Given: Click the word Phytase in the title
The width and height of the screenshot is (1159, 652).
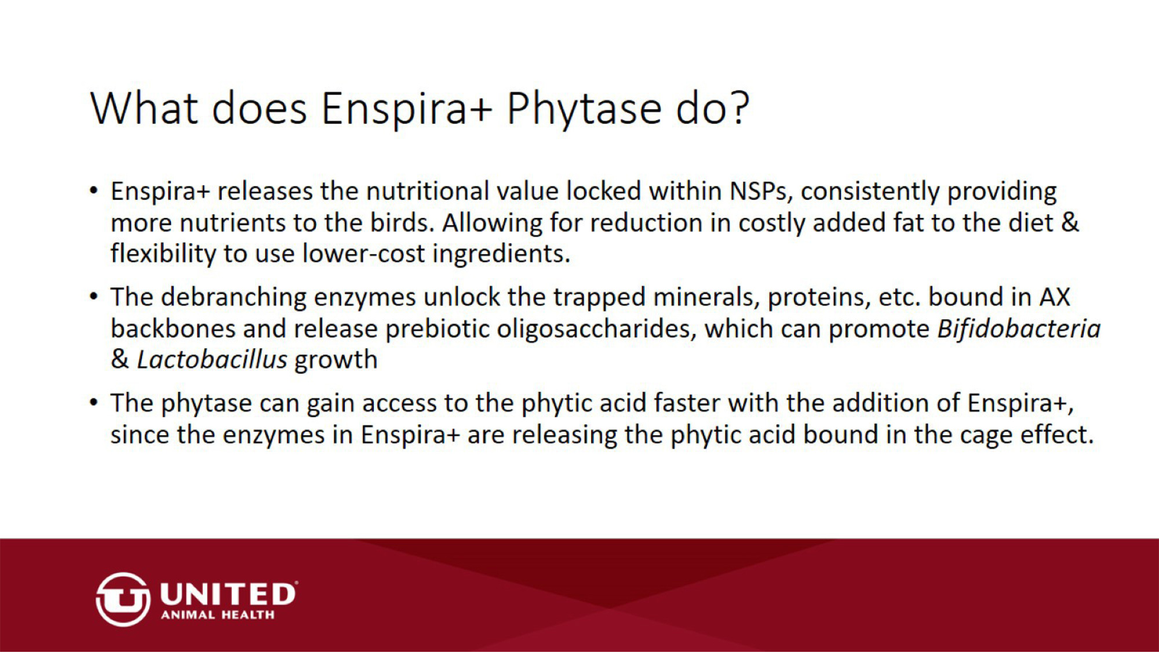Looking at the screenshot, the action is pos(584,109).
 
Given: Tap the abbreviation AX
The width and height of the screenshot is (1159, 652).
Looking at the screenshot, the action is pos(1055,297).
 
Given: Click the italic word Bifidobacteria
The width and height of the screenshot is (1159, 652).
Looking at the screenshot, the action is pos(1019,329).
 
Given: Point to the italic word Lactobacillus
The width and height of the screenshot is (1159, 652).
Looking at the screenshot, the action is pos(212,360).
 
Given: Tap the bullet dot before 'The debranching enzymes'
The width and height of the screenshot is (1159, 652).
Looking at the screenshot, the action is pos(93,297).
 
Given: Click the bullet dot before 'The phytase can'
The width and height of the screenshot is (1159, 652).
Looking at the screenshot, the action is pos(93,402).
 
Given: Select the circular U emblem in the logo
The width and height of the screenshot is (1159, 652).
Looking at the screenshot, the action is pos(123,600).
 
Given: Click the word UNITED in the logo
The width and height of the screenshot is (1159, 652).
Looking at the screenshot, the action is pos(228,595).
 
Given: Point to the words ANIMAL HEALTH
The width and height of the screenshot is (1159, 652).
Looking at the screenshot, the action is pos(218,615).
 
